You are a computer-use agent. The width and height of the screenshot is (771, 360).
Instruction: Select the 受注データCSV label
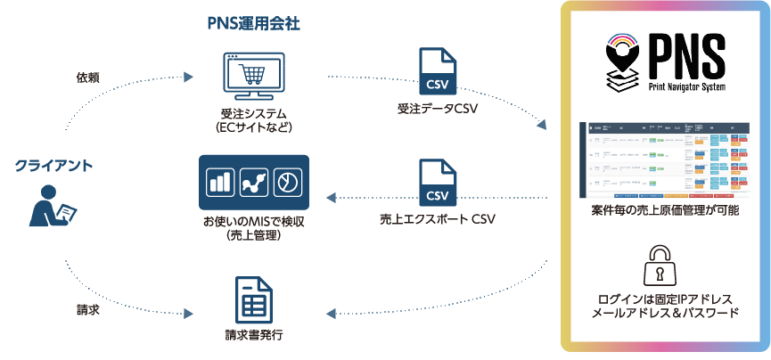tap(439, 110)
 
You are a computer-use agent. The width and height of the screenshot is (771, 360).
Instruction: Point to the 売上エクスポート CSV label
tap(437, 220)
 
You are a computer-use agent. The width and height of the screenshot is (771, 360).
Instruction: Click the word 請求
tap(87, 311)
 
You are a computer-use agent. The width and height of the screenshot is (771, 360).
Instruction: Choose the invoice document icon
tap(253, 301)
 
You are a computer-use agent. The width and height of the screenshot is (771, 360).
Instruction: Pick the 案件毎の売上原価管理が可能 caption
tap(665, 211)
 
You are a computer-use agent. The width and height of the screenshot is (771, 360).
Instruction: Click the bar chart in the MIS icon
tap(219, 183)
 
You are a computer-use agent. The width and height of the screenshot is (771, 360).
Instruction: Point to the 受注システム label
tap(252, 113)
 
